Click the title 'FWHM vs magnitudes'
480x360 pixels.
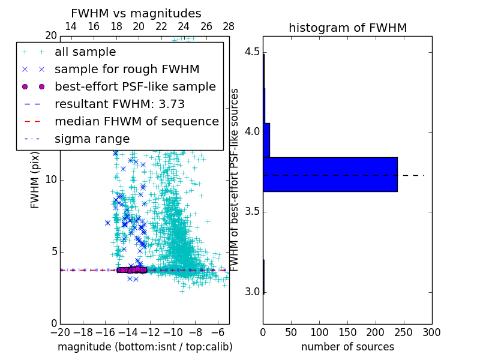[136, 14]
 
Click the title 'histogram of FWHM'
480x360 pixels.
[347, 28]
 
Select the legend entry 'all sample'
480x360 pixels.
[85, 52]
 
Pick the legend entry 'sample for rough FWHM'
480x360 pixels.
[127, 69]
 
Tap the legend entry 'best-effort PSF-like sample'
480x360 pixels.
[135, 86]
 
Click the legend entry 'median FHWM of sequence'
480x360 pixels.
[136, 121]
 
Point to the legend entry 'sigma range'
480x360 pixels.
[92, 139]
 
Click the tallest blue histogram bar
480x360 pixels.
[330, 175]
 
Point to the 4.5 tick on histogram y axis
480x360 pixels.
[252, 51]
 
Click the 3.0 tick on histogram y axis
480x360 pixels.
[252, 292]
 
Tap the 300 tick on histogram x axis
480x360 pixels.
[432, 332]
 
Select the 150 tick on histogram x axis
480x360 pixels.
[347, 332]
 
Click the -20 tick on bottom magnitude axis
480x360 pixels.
[60, 332]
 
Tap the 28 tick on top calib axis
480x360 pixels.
[229, 27]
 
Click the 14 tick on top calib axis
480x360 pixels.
[71, 27]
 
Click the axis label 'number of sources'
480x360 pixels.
[347, 347]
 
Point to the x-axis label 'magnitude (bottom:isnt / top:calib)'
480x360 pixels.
[145, 347]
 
